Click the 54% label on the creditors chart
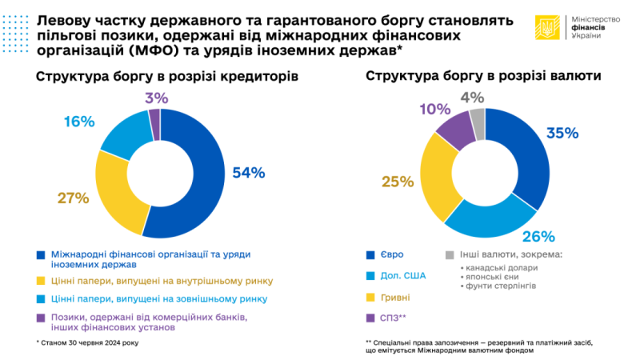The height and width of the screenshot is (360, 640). pos(248,172)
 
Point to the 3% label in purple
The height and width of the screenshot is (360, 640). pos(157,98)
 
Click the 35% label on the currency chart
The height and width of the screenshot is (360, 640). pos(562,133)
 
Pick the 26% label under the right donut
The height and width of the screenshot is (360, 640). pos(538,236)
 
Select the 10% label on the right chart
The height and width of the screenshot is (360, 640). pos(435,110)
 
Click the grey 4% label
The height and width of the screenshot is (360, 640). pos(473,98)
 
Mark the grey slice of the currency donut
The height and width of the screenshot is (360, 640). pos(478,122)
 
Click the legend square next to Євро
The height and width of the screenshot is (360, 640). pos(370,255)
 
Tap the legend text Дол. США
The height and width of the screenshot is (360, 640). pos(407,276)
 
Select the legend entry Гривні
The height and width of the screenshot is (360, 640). pos(402,297)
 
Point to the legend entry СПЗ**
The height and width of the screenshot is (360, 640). pos(402,318)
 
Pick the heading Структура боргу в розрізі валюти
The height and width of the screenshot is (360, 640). pos(484,77)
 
